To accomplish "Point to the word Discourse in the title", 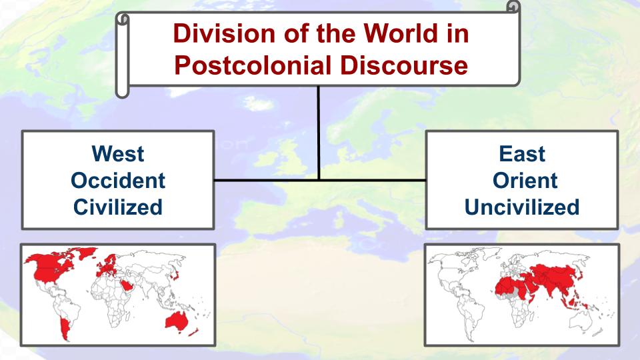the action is (x=404, y=66).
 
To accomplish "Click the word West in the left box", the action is (x=118, y=154).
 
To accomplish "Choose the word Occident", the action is (x=118, y=181).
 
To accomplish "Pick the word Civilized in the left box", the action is (x=118, y=207).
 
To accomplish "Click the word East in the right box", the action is (x=522, y=154).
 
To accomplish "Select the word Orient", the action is (x=525, y=181).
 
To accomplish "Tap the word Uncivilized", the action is (x=522, y=207).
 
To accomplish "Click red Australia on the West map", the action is (x=176, y=321).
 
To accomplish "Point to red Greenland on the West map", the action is (x=87, y=253).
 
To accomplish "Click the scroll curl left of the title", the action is (x=123, y=55).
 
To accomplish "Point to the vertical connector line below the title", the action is (x=319, y=133).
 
